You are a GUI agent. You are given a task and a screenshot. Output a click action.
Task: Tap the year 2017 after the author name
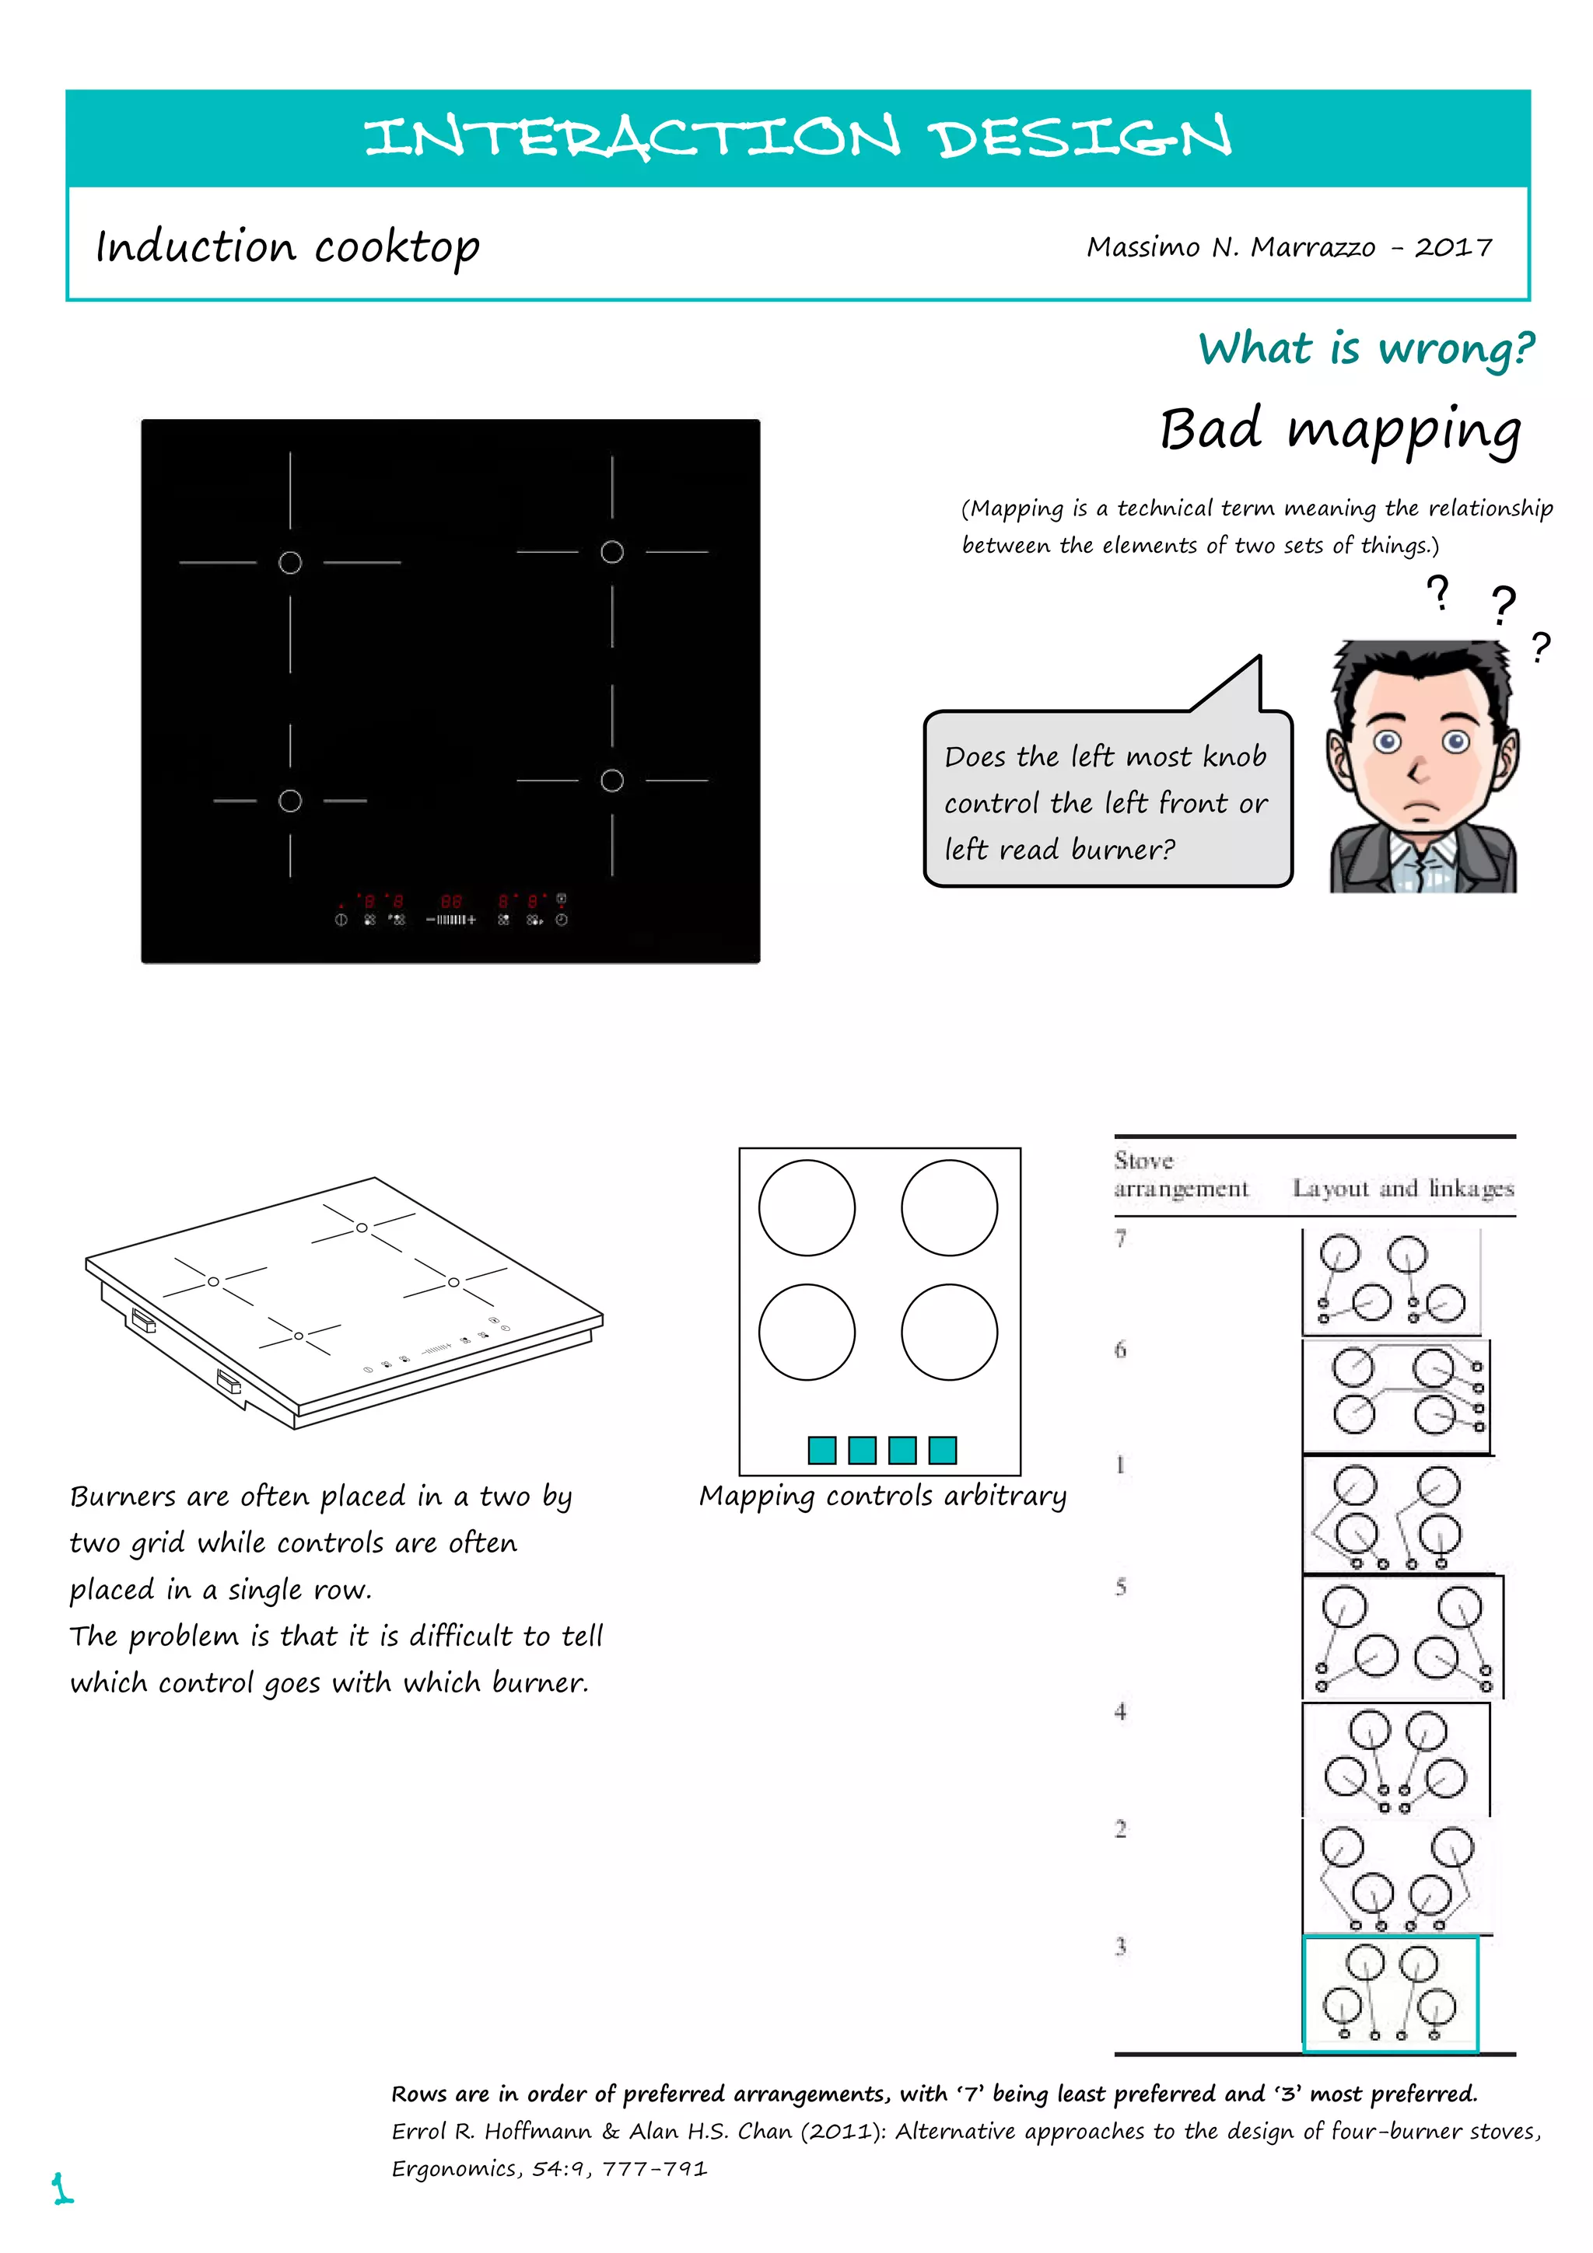(1453, 247)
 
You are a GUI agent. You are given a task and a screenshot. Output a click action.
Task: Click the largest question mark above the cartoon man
(1503, 605)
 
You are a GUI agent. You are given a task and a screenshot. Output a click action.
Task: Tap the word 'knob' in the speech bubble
(1234, 756)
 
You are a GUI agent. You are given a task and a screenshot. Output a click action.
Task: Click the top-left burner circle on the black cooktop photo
(291, 562)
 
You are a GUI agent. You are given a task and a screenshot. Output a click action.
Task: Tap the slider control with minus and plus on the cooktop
(450, 920)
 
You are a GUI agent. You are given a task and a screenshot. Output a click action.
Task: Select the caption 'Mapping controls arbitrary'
(882, 1496)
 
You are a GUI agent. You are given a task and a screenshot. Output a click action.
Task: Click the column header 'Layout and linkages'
(1402, 1189)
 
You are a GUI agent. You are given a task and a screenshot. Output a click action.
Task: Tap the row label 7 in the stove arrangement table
(1121, 1238)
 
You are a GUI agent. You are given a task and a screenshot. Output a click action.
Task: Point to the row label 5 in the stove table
(1121, 1587)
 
